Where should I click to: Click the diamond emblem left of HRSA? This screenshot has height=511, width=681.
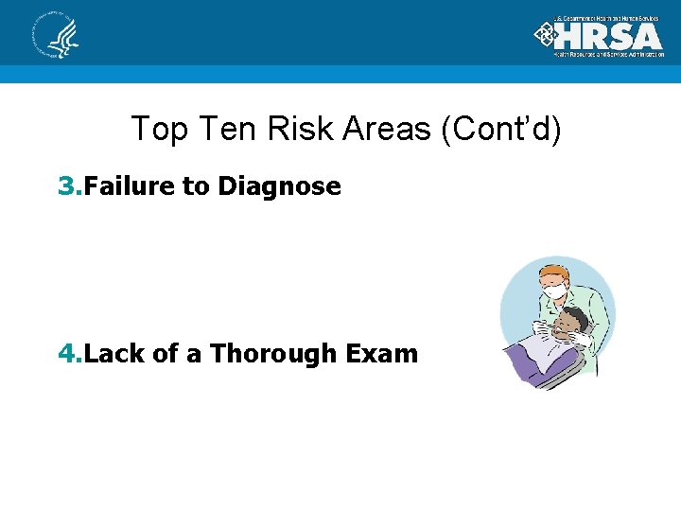click(x=546, y=35)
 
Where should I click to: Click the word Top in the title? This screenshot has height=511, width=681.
click(x=154, y=129)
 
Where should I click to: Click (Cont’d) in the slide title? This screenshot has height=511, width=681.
click(x=500, y=129)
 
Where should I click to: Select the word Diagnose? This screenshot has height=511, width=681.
click(x=279, y=186)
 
